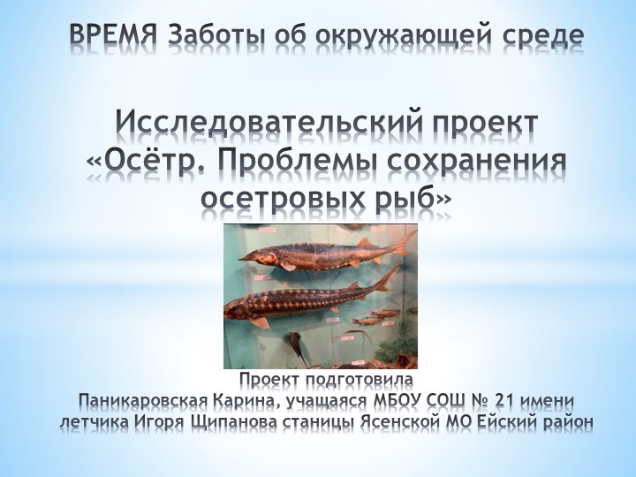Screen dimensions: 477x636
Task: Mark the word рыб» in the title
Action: coord(414,200)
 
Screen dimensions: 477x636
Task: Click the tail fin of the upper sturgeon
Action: coord(402,239)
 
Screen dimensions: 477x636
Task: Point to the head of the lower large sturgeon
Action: coord(236,309)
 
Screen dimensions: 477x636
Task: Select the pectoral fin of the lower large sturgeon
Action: coord(261,322)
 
